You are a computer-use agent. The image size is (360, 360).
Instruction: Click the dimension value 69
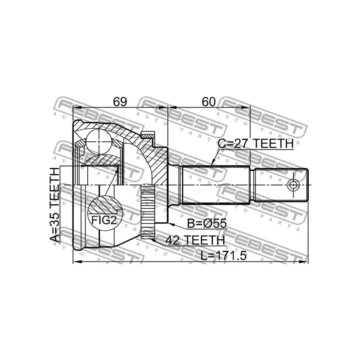(x=119, y=102)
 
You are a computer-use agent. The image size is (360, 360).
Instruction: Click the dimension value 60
(x=208, y=102)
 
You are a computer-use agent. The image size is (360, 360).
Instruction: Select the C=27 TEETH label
(x=256, y=144)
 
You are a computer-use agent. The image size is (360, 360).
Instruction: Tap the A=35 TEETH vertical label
(x=54, y=205)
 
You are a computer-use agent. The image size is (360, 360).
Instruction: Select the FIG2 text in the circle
(x=104, y=220)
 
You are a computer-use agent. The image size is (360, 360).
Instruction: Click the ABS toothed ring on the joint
(x=148, y=212)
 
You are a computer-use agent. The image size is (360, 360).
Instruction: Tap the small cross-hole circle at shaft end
(x=293, y=184)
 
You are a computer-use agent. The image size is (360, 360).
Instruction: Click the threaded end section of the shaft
(x=281, y=184)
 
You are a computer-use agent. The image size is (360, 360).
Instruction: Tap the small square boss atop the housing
(x=147, y=135)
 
